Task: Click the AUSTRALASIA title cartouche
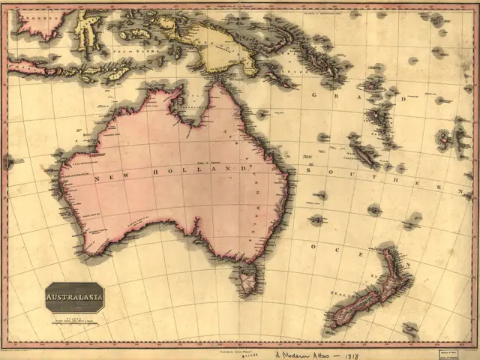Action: (x=75, y=297)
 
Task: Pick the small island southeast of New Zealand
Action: (x=409, y=328)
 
